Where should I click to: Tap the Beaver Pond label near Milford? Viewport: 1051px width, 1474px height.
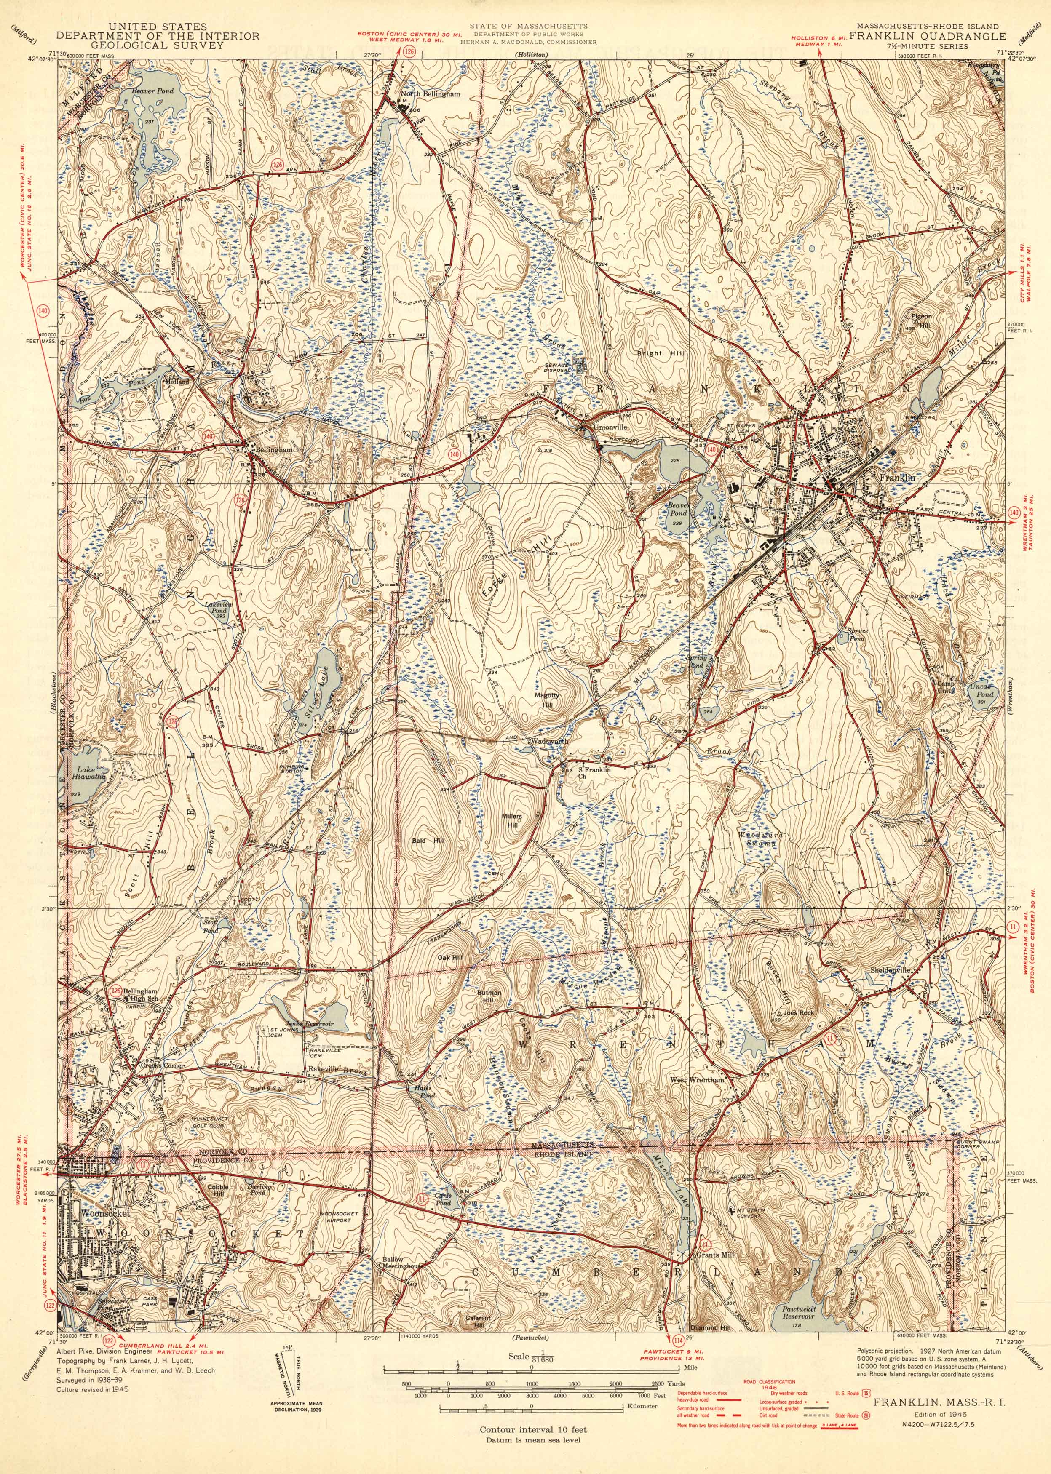click(x=153, y=91)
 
